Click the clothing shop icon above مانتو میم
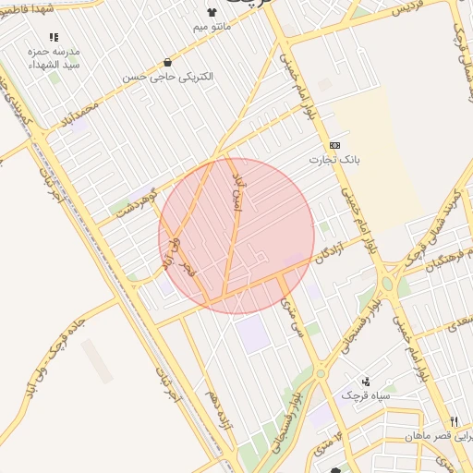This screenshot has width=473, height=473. (x=213, y=12)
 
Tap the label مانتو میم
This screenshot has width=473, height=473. (x=212, y=27)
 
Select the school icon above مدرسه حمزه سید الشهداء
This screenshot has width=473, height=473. (x=54, y=37)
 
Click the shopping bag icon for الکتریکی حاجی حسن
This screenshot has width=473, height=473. (x=166, y=63)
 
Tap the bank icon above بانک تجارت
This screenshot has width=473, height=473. (x=333, y=146)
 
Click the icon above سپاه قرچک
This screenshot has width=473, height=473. (x=366, y=381)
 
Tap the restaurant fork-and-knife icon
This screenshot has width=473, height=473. (x=453, y=421)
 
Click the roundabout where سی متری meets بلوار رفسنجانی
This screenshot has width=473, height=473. (x=320, y=373)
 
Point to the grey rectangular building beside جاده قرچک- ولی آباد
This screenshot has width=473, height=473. (x=97, y=361)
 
